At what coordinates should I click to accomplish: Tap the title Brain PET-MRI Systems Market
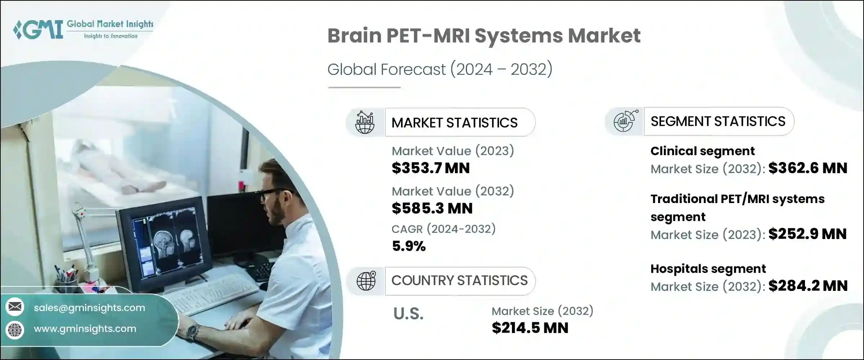483,36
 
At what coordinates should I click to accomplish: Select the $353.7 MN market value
431,168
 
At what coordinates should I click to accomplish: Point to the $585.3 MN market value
432,208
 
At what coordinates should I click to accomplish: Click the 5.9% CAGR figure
409,246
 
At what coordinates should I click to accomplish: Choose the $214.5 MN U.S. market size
530,328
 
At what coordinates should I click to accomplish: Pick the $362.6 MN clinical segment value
808,168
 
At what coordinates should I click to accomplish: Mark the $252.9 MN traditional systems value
807,234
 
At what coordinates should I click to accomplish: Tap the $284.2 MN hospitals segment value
808,286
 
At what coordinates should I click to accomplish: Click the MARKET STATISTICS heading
454,123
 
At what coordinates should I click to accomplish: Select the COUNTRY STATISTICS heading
459,280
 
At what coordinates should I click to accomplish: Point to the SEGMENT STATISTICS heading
718,121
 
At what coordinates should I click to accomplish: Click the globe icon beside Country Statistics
366,281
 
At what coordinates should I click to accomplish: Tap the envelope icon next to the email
15,307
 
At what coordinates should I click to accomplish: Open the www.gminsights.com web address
85,329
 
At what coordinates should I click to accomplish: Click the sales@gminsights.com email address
89,308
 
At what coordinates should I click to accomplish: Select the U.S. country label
408,314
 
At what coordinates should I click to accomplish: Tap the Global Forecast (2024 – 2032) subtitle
440,69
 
